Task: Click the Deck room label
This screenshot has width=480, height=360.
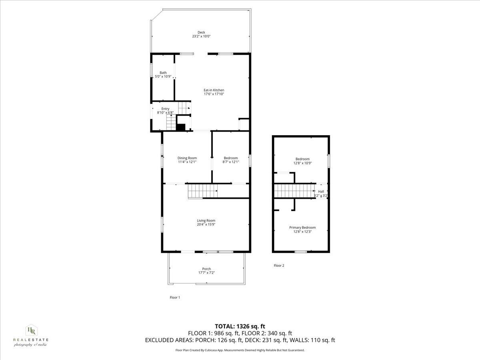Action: coord(201,32)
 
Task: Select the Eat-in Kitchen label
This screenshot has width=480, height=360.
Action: coord(214,90)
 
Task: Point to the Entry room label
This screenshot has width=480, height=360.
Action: coord(165,109)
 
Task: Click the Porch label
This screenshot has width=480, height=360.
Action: coord(206,269)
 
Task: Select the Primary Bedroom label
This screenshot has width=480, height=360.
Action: coord(302,228)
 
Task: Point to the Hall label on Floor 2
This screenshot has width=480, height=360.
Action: coord(321,192)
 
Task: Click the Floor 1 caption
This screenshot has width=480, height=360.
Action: coord(175,297)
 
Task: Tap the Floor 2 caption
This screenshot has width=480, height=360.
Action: coord(279,265)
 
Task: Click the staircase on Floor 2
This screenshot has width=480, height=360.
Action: coord(294,191)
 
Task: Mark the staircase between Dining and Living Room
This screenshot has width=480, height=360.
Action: coord(202,191)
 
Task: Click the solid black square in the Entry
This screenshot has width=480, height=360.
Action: coord(181,127)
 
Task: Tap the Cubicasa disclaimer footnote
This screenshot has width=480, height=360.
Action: coord(240,350)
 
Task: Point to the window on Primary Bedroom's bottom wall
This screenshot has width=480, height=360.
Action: coord(301,252)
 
